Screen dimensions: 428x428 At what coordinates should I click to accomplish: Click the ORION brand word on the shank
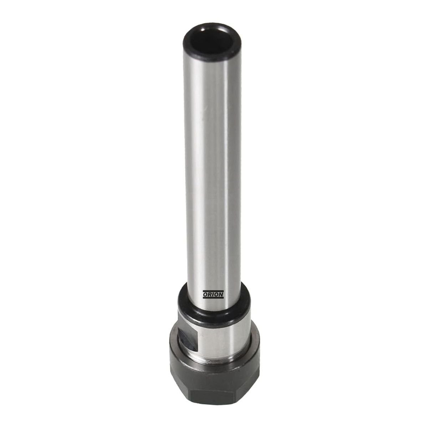click(x=213, y=295)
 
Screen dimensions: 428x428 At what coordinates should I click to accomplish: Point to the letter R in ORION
click(x=210, y=295)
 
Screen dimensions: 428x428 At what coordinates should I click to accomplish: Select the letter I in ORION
click(x=213, y=295)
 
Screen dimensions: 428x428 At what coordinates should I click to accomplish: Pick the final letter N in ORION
click(x=221, y=295)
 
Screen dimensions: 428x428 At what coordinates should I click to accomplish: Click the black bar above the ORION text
click(x=213, y=291)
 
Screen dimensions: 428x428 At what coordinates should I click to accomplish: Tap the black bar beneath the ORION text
click(x=213, y=298)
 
